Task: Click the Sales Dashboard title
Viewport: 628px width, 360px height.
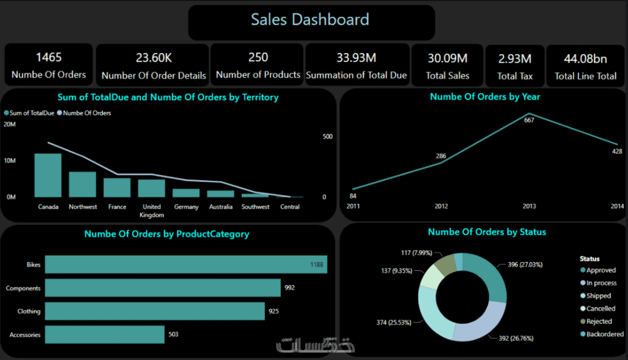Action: coord(310,19)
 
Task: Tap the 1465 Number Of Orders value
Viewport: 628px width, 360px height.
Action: coord(48,57)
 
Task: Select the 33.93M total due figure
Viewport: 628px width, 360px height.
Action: coord(356,58)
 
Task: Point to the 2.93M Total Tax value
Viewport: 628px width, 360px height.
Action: coord(514,58)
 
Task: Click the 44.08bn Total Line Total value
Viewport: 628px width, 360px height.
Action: coord(585,58)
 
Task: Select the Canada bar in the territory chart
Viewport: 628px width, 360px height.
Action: coord(48,175)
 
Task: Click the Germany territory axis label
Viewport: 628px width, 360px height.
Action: coord(186,207)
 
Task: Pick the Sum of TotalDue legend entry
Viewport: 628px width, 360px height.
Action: coord(29,113)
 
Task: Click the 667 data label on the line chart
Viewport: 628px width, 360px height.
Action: coord(529,121)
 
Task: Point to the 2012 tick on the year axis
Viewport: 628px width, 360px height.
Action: coord(441,206)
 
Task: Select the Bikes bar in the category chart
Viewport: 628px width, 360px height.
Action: coord(186,264)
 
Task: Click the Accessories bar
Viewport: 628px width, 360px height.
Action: coord(104,334)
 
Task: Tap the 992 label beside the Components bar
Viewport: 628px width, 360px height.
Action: coord(290,288)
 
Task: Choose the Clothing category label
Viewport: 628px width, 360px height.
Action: coord(29,311)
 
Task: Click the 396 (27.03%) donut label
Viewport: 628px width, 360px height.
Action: coord(525,264)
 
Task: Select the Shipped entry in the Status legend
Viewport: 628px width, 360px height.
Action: coord(598,296)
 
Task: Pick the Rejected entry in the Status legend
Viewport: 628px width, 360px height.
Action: coord(599,322)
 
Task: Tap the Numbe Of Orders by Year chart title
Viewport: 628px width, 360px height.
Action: coord(485,97)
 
